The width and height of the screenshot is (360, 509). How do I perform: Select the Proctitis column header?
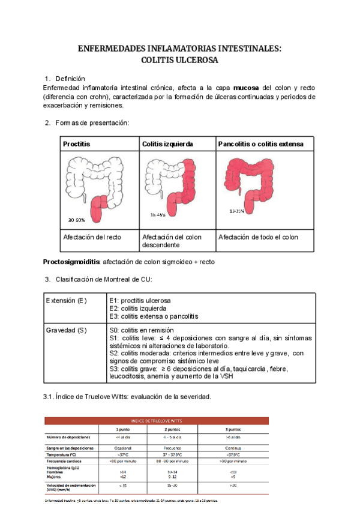coord(77,144)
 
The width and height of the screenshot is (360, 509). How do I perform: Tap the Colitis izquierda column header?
coord(167,144)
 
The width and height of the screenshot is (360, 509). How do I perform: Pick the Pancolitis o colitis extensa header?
coord(261,144)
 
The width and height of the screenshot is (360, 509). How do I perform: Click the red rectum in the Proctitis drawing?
coord(97,208)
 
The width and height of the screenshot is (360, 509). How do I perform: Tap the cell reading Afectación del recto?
coord(92,237)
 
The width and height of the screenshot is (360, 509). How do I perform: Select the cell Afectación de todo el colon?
coord(258,237)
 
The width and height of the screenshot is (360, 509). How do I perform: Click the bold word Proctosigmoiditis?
coord(72,262)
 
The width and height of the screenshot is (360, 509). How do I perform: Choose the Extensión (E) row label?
coord(66,300)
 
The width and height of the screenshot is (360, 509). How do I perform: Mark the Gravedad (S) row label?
coord(66,330)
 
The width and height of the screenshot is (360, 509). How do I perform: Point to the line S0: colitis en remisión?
coord(142,330)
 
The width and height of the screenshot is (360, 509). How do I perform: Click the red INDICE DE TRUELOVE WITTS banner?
coord(157,421)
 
